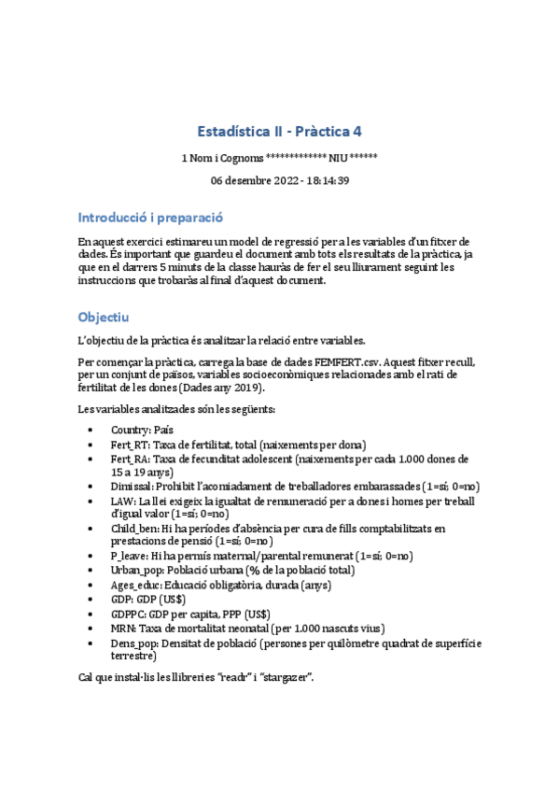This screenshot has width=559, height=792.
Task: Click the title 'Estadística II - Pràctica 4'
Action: click(x=280, y=132)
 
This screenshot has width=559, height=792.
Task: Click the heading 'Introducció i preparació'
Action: click(x=150, y=217)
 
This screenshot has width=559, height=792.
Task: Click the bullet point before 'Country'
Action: click(x=89, y=430)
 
